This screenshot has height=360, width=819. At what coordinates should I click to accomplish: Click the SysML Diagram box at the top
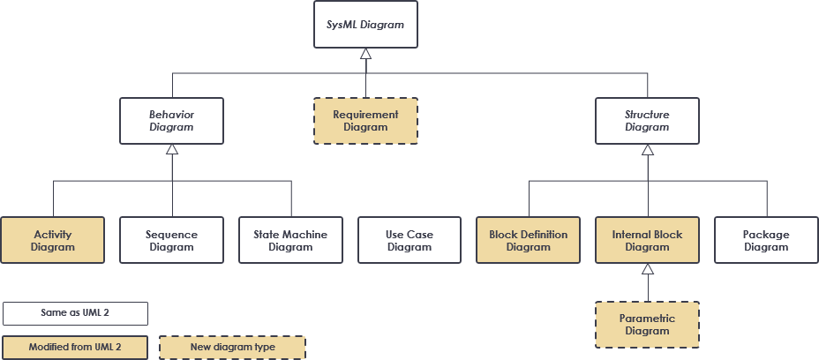[x=365, y=25]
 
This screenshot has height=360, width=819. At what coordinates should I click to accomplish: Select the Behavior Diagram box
[x=172, y=121]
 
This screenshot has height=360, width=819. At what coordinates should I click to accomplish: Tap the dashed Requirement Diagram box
[x=365, y=121]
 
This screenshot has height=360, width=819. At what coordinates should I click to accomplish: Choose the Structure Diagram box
[x=647, y=121]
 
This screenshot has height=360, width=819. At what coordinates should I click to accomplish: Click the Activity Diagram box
[x=53, y=241]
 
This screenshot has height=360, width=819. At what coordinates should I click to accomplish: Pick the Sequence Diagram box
[x=172, y=241]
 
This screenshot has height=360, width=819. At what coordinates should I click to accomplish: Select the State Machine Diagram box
[x=290, y=241]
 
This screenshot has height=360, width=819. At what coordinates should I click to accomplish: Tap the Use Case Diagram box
[x=409, y=241]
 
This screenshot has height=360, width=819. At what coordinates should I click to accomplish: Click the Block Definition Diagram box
[x=528, y=241]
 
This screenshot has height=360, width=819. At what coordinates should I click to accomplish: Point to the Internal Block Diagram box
[x=647, y=241]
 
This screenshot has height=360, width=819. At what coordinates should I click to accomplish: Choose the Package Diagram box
[x=765, y=241]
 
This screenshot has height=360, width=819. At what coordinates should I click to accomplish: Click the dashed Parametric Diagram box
[x=647, y=325]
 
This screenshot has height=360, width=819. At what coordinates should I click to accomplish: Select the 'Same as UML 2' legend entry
[x=75, y=313]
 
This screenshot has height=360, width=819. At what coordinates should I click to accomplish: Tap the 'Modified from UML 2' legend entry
[x=75, y=347]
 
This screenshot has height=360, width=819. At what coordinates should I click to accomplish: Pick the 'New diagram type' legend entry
[x=232, y=347]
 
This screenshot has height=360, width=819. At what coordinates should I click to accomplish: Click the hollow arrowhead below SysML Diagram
[x=365, y=55]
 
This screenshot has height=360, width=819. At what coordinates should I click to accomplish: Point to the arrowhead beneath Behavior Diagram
[x=172, y=150]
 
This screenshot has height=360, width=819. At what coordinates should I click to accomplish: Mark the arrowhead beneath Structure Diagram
[x=647, y=150]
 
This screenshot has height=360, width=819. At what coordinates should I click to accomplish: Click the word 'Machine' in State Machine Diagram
[x=305, y=235]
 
